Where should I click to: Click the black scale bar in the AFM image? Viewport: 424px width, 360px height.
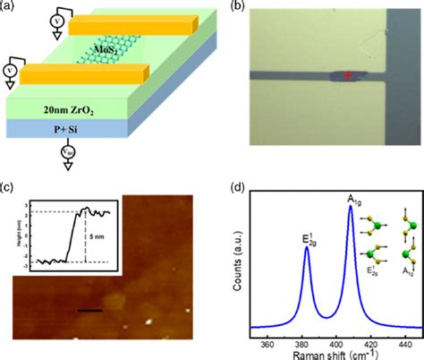coord(90,287)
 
